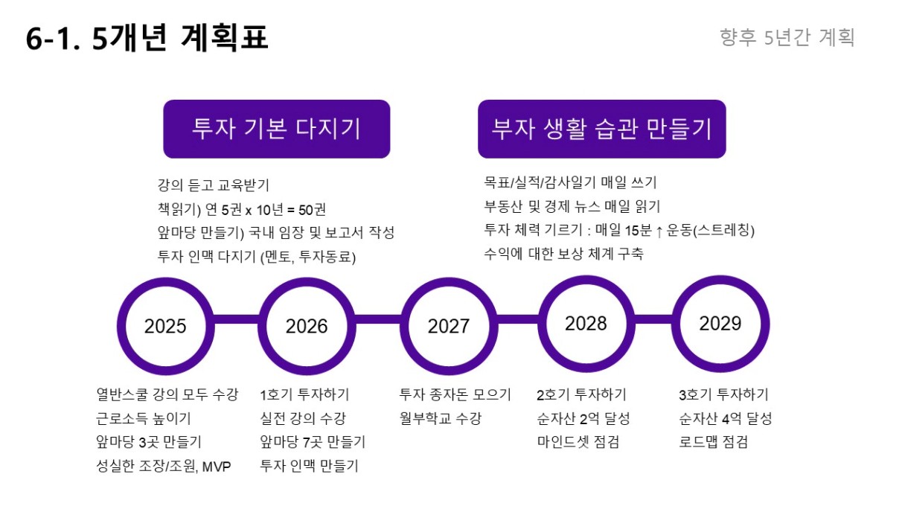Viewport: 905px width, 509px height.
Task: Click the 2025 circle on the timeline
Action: point(121,327)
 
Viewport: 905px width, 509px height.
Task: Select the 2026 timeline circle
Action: point(263,327)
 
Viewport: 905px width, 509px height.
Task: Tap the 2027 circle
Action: point(404,327)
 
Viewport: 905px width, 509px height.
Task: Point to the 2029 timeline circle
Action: point(677,324)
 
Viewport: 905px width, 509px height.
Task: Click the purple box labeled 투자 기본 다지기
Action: point(277,129)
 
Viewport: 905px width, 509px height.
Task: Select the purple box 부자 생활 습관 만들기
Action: point(602,129)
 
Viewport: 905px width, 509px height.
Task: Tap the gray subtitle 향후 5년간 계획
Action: point(787,37)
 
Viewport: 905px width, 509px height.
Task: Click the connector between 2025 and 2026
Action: point(237,319)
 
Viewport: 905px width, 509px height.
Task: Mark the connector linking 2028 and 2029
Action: point(653,319)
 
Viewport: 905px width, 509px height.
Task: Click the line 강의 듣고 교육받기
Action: point(213,185)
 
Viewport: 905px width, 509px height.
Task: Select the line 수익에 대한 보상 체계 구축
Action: point(563,254)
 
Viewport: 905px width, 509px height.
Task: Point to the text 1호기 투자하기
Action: point(304,394)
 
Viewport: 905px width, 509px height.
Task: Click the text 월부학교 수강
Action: point(441,418)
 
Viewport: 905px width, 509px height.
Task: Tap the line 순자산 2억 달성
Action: point(583,418)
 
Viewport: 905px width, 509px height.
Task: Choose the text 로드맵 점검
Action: point(714,442)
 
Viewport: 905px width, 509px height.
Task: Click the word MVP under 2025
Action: point(217,467)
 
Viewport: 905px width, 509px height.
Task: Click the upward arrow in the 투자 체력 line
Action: point(659,231)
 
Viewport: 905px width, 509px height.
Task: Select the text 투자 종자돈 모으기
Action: point(455,394)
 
